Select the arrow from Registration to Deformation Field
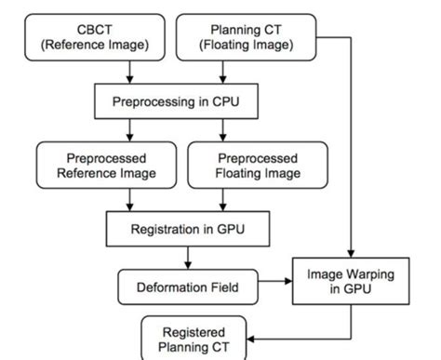190,256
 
